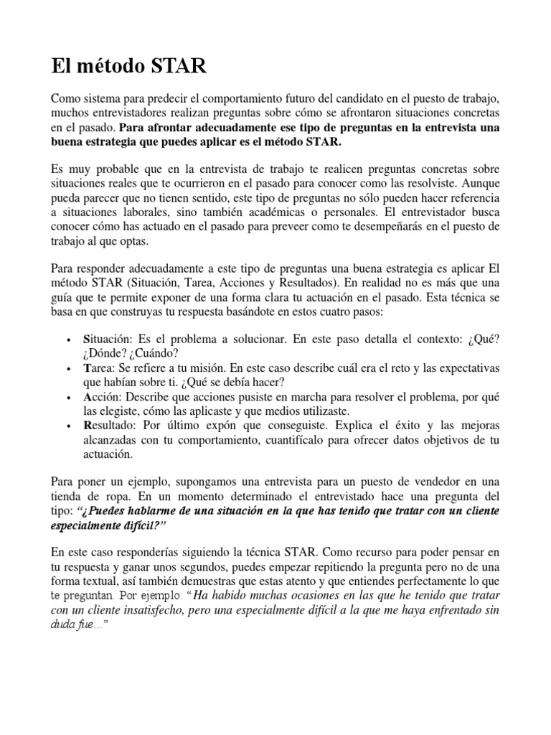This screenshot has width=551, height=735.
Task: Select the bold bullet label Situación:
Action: click(x=108, y=338)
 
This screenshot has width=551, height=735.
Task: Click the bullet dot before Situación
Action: click(x=67, y=339)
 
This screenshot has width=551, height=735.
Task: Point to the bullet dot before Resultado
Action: click(x=67, y=426)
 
